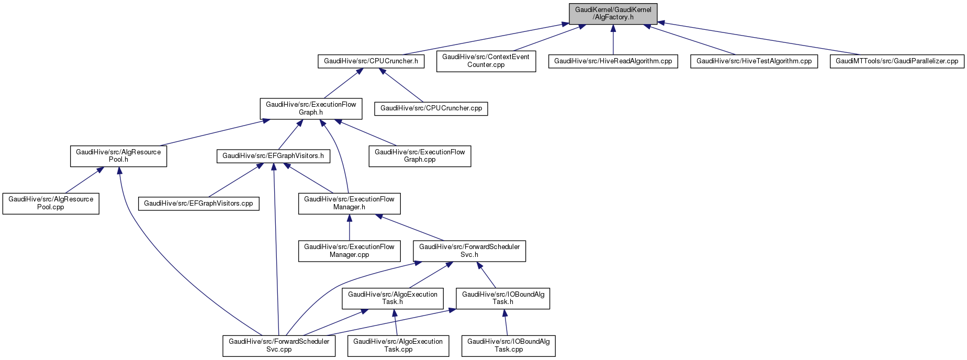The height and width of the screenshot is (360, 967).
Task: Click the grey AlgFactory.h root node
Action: click(613, 14)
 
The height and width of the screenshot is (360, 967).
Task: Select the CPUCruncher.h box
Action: click(370, 61)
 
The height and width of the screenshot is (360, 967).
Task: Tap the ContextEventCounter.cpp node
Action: click(486, 61)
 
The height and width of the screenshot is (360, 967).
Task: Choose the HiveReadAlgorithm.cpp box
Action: click(613, 61)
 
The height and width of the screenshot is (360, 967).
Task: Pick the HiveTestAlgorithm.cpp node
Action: click(754, 61)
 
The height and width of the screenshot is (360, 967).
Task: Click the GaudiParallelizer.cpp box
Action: click(896, 61)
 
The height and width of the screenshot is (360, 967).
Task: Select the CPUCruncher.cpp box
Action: click(431, 108)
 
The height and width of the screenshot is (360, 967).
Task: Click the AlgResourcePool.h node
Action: click(118, 156)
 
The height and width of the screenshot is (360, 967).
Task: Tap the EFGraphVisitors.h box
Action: click(273, 156)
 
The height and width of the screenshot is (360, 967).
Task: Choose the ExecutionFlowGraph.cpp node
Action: click(420, 156)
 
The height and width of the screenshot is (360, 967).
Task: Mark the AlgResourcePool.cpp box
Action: click(51, 203)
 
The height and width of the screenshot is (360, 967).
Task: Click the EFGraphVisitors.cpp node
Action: click(198, 204)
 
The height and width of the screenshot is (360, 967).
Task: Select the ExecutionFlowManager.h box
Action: click(349, 203)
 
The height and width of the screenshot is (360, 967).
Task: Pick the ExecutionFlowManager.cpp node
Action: click(349, 251)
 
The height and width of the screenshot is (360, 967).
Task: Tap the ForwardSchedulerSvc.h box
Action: click(469, 251)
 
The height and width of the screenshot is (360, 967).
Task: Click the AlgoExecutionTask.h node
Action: click(392, 298)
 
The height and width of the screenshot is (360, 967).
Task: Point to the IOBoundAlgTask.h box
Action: click(503, 298)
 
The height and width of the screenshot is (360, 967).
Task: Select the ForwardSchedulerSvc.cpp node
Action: click(279, 345)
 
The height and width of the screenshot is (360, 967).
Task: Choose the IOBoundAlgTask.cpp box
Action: click(508, 345)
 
